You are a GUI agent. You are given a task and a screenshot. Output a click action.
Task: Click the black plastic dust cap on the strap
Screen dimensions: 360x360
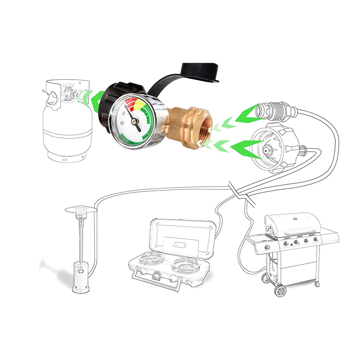tap(198, 72)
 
